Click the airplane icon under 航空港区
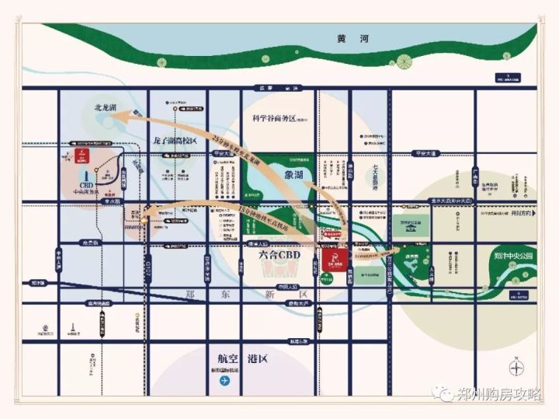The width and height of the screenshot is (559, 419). point(225,381)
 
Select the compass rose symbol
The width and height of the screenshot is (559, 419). point(518,367)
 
